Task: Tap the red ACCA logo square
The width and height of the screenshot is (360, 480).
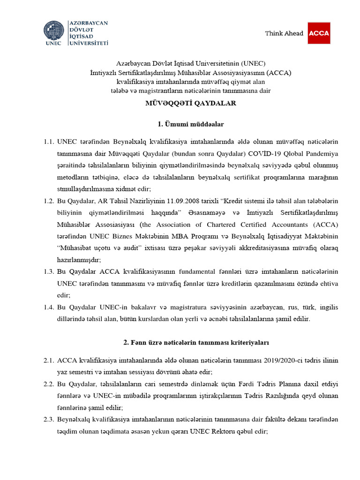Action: [x=319, y=33]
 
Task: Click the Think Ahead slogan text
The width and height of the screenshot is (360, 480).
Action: [x=284, y=33]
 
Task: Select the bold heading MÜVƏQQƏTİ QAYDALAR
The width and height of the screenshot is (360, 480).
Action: [x=180, y=103]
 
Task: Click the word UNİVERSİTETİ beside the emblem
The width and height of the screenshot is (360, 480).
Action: [x=89, y=43]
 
